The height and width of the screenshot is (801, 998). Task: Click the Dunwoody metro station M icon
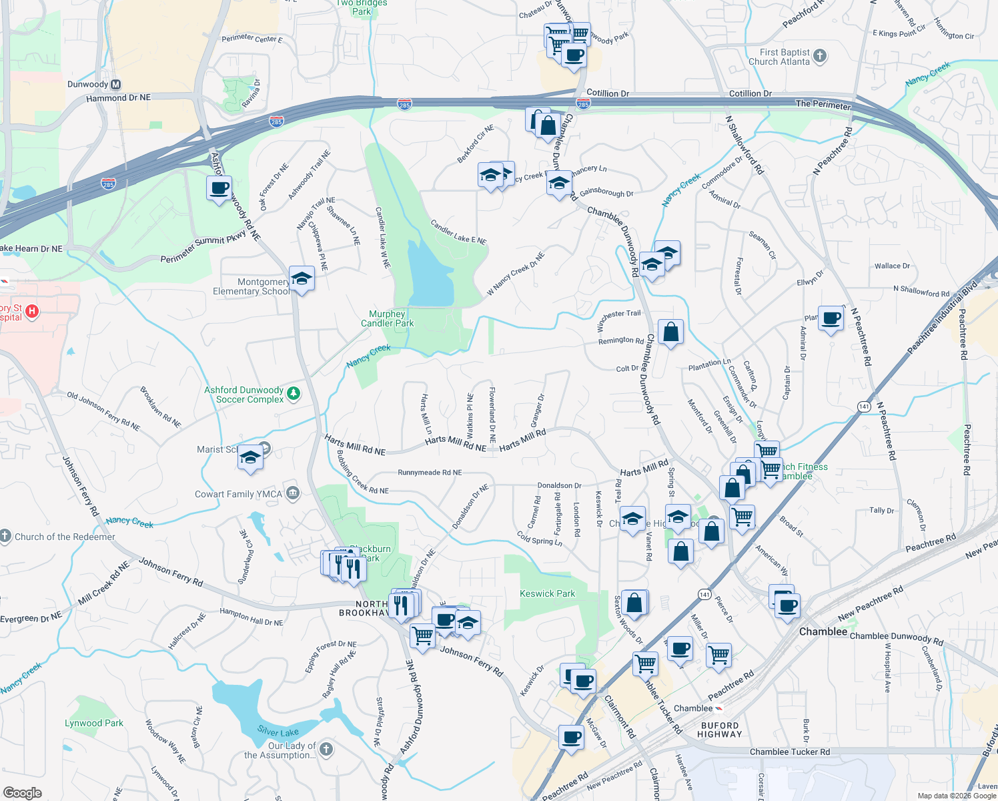pos(116,85)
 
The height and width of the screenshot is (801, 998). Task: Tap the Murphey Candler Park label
pos(387,318)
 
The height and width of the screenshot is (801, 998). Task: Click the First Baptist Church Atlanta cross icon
pos(820,56)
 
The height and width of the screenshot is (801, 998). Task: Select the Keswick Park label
pos(547,593)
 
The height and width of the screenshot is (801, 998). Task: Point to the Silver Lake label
pos(278,732)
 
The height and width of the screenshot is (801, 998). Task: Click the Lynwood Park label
pos(94,723)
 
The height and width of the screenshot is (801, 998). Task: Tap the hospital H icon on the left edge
pos(31,311)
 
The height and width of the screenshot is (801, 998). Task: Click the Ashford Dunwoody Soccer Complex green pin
pos(293,394)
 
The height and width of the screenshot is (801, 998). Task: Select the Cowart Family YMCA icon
pos(292,493)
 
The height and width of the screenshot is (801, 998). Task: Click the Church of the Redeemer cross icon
pos(5,536)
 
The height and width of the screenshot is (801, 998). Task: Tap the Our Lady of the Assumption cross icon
pos(326,749)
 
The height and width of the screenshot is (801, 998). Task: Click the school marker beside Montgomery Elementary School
pos(302,278)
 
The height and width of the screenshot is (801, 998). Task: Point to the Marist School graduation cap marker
pos(250,457)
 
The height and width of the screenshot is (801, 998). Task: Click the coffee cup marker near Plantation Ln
pos(831,318)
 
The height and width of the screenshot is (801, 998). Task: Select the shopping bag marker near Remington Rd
pos(670,332)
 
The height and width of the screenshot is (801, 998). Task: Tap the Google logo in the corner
pos(22,792)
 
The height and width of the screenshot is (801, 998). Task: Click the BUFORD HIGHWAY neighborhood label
pos(719,730)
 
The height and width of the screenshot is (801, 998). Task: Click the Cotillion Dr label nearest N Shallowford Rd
pos(750,93)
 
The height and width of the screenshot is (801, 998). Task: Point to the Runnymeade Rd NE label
pos(430,473)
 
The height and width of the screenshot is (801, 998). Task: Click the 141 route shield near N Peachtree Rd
pos(865,407)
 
